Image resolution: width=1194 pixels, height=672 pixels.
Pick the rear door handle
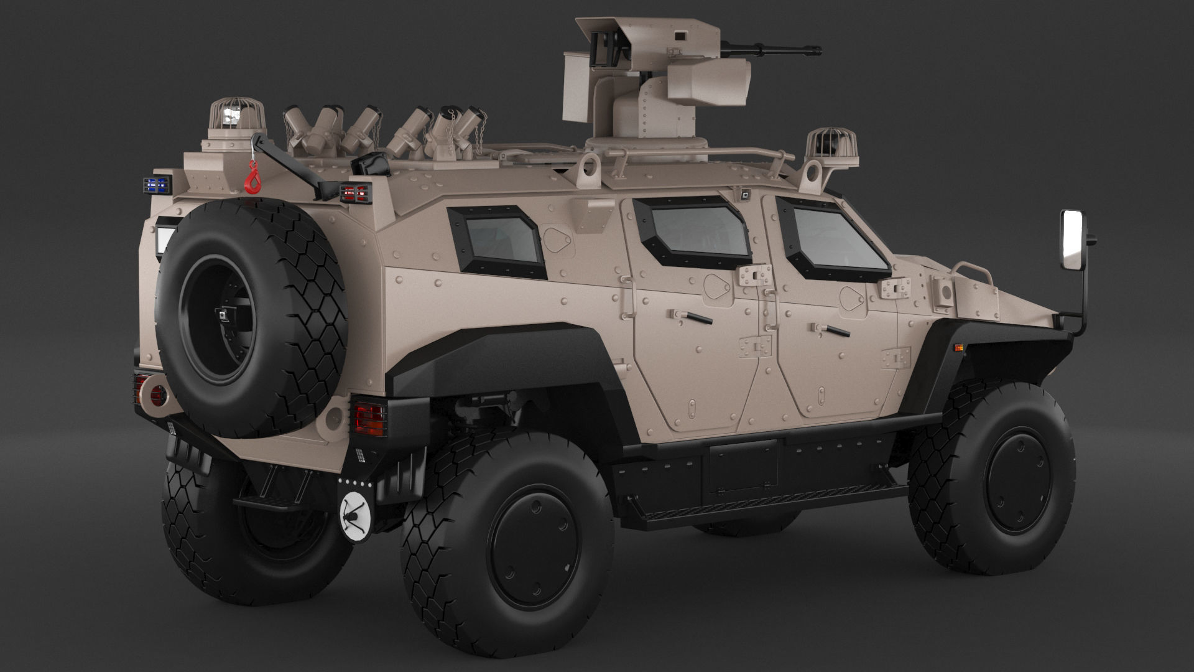[690, 316]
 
